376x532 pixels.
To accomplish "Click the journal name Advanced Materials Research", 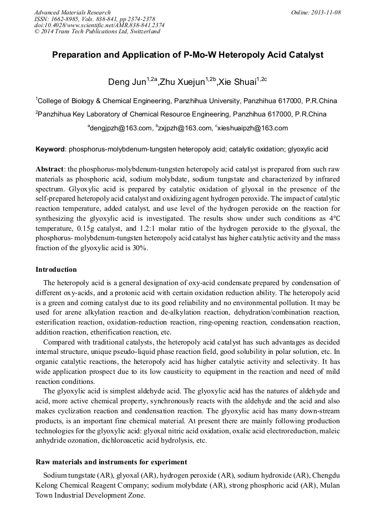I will [72, 12].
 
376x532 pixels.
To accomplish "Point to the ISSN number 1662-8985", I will [68, 19].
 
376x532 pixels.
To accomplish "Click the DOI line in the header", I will [99, 25].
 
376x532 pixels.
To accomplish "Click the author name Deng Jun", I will [127, 83].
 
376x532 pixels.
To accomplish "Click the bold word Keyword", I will [50, 150].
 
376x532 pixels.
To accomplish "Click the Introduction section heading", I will [56, 270].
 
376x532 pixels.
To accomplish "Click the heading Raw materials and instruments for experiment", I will [111, 462].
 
